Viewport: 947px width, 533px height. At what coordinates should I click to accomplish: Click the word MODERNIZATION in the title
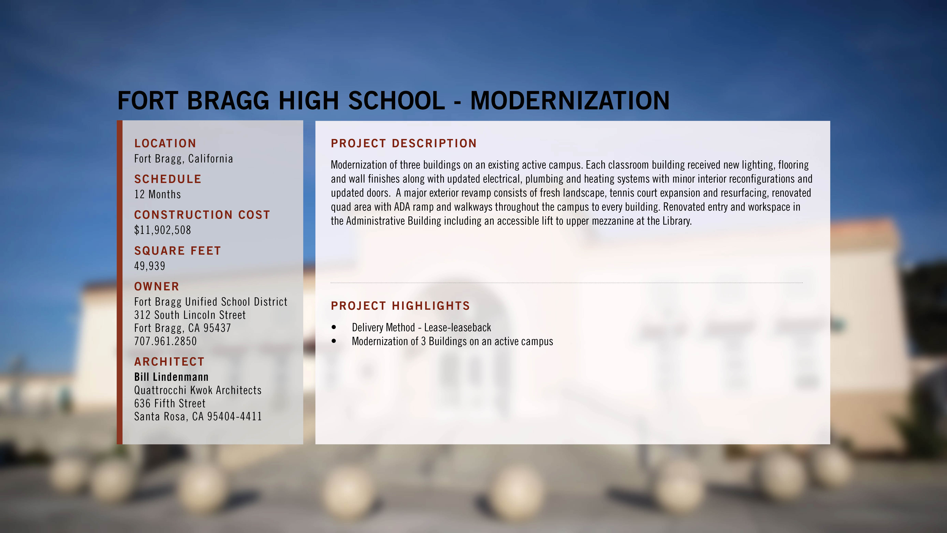coord(570,100)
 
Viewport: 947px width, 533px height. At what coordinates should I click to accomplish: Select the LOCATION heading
coord(165,143)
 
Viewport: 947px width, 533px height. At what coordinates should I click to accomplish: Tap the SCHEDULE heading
coord(168,179)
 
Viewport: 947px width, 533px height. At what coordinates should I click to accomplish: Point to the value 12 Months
coord(157,194)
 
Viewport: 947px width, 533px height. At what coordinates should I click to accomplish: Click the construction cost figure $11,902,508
coord(163,230)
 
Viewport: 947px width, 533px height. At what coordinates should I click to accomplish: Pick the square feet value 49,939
coord(150,266)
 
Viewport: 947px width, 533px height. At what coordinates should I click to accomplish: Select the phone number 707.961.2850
coord(166,341)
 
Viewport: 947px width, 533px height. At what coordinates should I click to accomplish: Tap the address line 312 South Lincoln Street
coord(190,315)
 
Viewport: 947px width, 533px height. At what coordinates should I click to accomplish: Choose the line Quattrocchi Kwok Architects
coord(198,390)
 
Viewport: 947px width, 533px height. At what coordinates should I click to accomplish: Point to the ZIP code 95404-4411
coord(235,416)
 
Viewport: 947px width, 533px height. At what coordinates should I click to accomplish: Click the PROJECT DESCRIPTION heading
coord(404,143)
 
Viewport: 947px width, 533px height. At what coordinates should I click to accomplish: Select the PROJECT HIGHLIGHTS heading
coord(400,306)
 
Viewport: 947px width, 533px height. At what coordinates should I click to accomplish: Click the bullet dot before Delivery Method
coord(334,327)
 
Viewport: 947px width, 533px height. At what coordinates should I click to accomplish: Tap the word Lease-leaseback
coord(458,327)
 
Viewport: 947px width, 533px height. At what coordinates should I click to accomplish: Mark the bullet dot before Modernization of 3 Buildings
coord(334,341)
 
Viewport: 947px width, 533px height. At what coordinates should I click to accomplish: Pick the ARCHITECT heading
coord(169,362)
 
